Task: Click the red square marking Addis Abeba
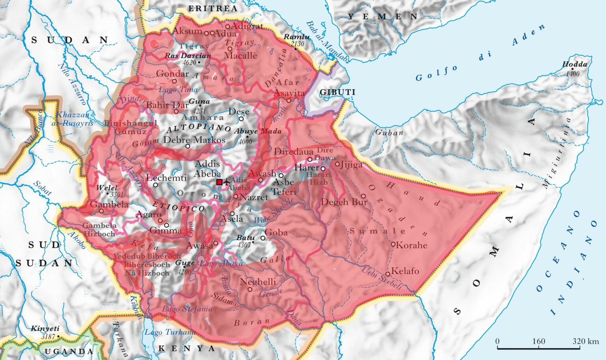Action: [219, 182]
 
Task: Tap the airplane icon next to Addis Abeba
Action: [227, 182]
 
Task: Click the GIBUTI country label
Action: [337, 92]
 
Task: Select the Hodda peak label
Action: [574, 64]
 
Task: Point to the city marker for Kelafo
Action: [388, 273]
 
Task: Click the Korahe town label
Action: [411, 245]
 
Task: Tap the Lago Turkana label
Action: [170, 332]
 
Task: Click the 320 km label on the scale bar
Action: [585, 341]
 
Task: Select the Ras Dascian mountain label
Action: [188, 56]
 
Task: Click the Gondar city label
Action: [172, 73]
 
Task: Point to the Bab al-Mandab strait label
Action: [327, 41]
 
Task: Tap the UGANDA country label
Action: [69, 351]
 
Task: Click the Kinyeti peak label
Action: [45, 328]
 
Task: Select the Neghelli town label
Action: [258, 282]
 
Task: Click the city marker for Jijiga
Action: [337, 163]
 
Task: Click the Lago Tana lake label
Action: [178, 90]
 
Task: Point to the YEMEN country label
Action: [382, 17]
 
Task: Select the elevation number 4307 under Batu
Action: [244, 244]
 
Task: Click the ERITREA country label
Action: [213, 8]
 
